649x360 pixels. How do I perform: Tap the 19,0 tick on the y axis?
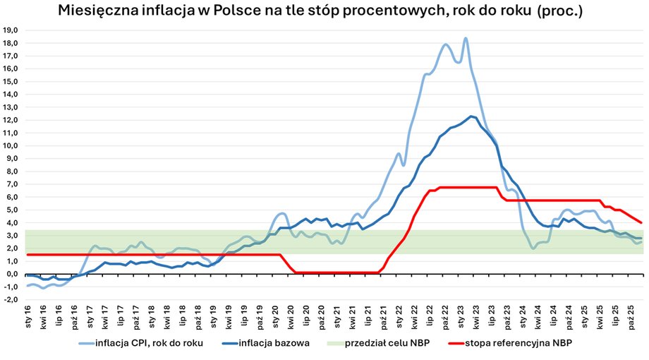point(12,30)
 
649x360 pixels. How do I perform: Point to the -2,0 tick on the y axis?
point(12,299)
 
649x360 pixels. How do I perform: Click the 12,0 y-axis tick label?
point(12,120)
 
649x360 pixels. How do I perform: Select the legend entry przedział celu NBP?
point(384,343)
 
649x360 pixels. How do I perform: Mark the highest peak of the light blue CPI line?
point(466,38)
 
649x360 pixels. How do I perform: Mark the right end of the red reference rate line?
point(641,222)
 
